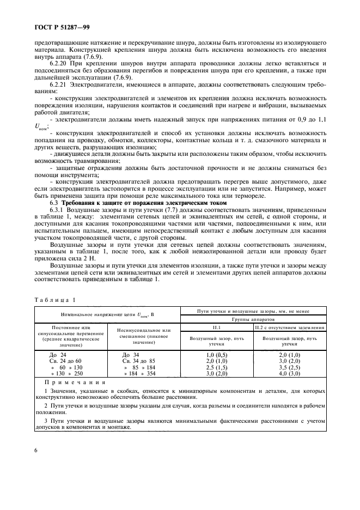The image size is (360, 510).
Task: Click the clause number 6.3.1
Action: click(x=59, y=210)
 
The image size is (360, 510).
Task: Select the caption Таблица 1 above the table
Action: click(x=56, y=300)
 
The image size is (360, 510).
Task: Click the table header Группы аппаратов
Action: click(x=254, y=319)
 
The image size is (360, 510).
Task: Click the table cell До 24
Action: click(x=57, y=354)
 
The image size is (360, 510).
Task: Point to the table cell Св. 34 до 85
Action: click(x=139, y=361)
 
